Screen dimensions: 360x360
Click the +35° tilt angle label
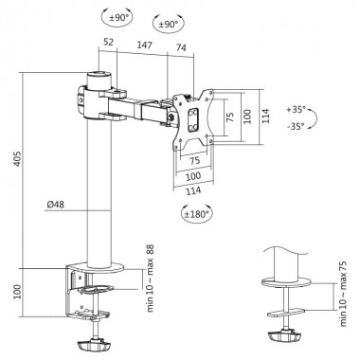click(x=299, y=110)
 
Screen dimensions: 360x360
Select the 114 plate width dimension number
click(x=196, y=190)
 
